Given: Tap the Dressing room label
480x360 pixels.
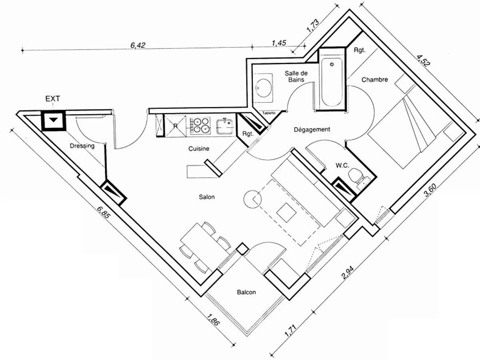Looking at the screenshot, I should pos(82,146).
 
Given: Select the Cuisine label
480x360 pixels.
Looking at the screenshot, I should pos(199,149).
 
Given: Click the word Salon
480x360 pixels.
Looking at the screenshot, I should pos(207,197).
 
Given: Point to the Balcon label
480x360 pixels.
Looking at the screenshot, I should pos(246,292).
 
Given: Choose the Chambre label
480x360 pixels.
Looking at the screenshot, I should pos(375,80).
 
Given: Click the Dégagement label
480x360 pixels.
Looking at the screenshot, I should pos(312,130).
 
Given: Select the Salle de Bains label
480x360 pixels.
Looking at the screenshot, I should pos(296,76).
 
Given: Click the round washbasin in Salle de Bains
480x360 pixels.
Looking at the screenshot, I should pos(263,86).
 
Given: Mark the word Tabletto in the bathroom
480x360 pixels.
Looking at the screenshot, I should pos(269,113).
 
